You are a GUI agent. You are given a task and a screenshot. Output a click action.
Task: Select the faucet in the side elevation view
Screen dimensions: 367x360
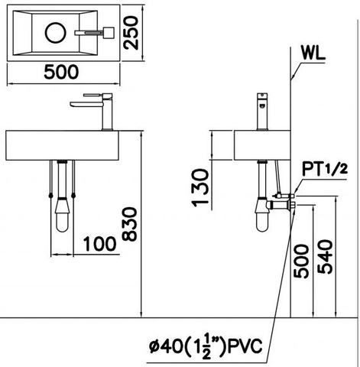[262, 111]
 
